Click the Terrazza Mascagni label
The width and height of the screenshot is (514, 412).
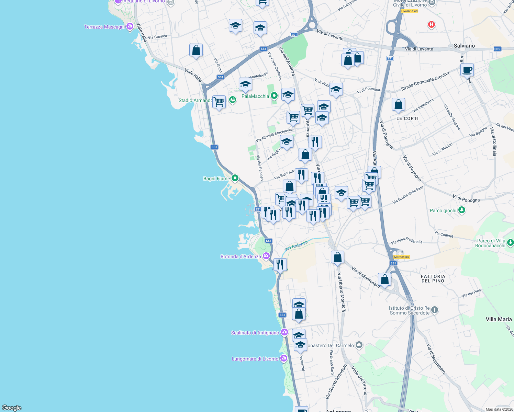point(104,27)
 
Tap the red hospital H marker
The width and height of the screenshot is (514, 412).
point(431,24)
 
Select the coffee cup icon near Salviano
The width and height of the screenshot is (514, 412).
point(467,70)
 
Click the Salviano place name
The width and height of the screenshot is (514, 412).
point(464,46)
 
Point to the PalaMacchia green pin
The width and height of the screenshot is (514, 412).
point(274,96)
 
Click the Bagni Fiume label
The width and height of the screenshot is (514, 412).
point(216,179)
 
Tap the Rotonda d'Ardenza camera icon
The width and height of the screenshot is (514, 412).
point(266,256)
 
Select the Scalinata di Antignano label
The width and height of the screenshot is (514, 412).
point(255,333)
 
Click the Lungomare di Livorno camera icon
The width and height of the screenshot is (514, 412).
point(283,358)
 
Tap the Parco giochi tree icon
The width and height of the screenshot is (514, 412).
point(462,210)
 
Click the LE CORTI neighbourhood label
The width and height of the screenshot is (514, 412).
point(407,118)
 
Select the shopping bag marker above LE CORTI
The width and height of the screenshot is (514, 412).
point(398,104)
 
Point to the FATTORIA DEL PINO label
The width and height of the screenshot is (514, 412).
point(433,278)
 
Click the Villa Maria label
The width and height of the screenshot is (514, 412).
point(499,319)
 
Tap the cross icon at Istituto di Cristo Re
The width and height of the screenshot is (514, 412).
point(434,310)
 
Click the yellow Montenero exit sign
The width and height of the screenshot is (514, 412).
point(401,257)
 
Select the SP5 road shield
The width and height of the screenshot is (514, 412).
point(497,49)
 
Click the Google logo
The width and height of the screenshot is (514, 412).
point(12,408)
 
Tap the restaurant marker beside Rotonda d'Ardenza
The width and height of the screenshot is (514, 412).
point(280,265)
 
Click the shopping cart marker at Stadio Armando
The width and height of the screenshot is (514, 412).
point(219,102)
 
